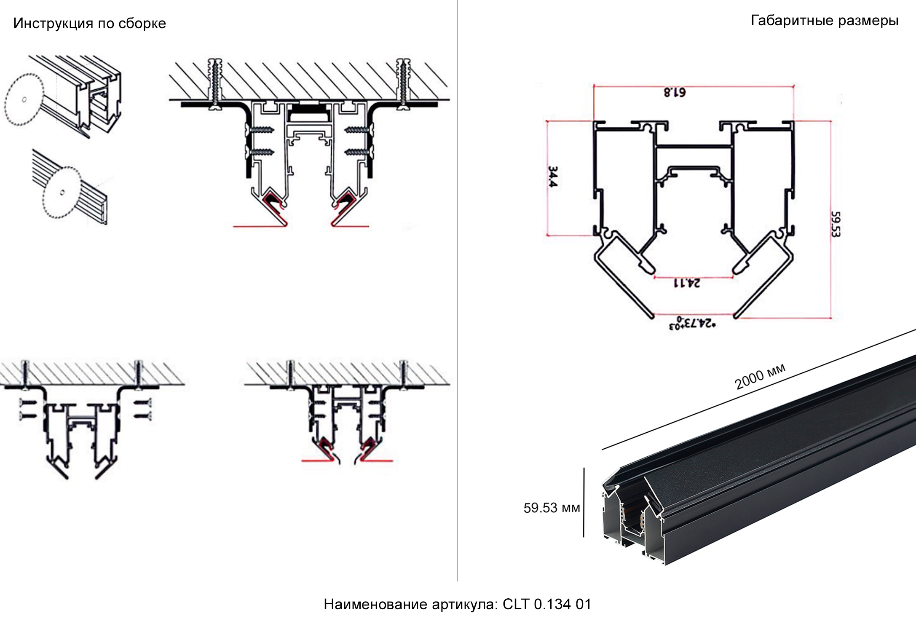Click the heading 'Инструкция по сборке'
(x=89, y=23)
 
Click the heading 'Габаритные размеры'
(x=824, y=20)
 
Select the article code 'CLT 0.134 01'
(x=546, y=604)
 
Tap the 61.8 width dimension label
(x=675, y=92)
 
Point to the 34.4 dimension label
(x=553, y=177)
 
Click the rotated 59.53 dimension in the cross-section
(x=836, y=224)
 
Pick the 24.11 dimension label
(x=687, y=283)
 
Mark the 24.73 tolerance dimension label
(x=692, y=324)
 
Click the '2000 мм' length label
(x=760, y=376)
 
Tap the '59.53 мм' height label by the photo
(x=551, y=508)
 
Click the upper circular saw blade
(x=24, y=99)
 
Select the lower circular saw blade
(x=61, y=193)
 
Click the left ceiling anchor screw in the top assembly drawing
(x=216, y=84)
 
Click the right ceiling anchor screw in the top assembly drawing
(x=403, y=84)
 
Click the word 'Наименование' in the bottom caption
(x=375, y=604)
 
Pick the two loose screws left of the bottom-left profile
(x=27, y=410)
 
